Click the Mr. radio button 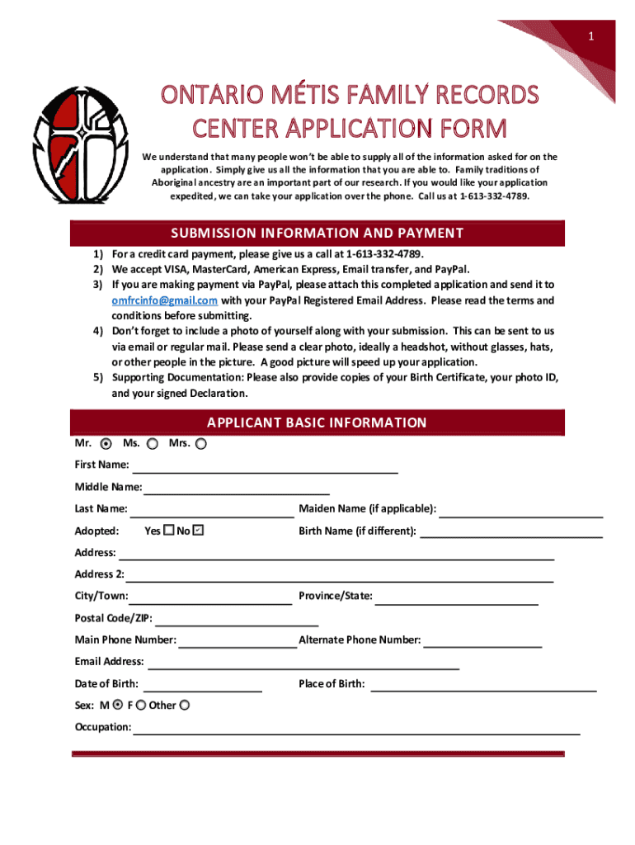point(116,444)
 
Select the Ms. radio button point(153,444)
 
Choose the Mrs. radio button point(201,444)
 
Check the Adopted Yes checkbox point(168,531)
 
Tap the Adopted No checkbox point(198,531)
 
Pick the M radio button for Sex point(118,705)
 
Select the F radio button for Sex point(141,705)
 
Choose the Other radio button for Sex point(184,705)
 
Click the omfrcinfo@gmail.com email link point(165,300)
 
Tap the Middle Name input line point(230,489)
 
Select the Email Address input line point(303,663)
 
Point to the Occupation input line point(356,729)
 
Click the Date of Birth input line point(203,686)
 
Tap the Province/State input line point(457,598)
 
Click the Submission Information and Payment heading point(317,234)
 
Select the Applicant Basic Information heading point(317,423)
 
